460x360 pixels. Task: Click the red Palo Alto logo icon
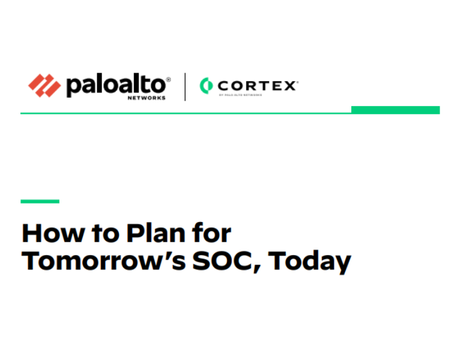tap(44, 85)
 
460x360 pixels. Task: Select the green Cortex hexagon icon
tap(206, 85)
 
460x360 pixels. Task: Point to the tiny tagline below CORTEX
tap(240, 95)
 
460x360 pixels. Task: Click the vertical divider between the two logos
tap(184, 86)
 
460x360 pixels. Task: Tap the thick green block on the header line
tap(395, 110)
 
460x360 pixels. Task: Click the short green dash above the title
tap(40, 202)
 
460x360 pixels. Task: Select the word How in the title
tap(50, 233)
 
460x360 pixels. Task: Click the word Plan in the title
tap(157, 233)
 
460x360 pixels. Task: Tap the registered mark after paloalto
tap(168, 79)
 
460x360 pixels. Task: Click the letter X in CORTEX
tap(289, 85)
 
